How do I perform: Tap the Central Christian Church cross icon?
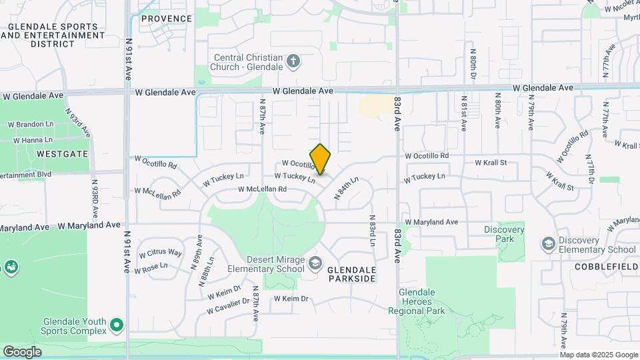[x=293, y=63]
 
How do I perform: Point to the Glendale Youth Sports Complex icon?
[x=117, y=325]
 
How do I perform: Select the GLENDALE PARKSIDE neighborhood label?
[x=351, y=274]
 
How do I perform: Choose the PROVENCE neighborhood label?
[x=167, y=19]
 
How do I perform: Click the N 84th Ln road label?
[x=347, y=191]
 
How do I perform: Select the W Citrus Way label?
[x=160, y=253]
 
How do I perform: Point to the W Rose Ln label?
[x=151, y=268]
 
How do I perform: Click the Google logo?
[x=22, y=351]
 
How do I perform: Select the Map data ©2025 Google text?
[x=599, y=355]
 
